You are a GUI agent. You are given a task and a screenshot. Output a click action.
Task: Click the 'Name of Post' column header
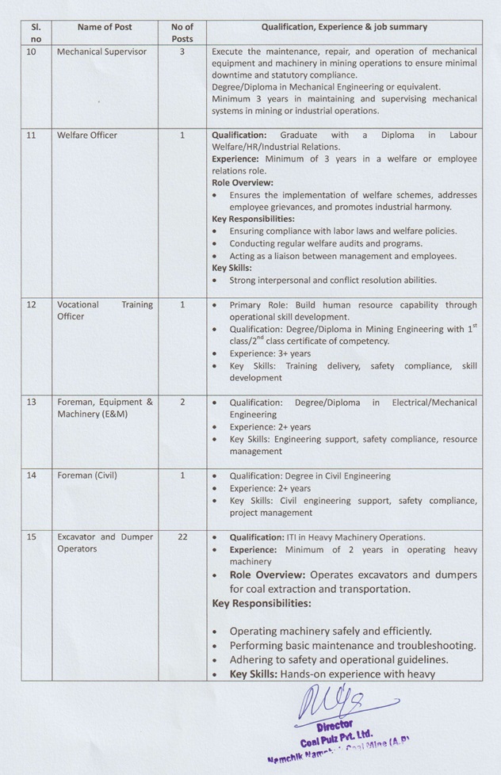[x=105, y=27]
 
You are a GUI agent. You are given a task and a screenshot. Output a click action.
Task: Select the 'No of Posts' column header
[x=182, y=32]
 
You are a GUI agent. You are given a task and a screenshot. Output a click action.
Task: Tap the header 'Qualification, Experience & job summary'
[x=344, y=27]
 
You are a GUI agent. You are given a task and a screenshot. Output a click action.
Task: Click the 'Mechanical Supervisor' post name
[x=101, y=52]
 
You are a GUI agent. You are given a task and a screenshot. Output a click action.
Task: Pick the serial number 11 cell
[x=31, y=136]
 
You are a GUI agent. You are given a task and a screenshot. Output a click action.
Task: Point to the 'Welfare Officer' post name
[x=87, y=136]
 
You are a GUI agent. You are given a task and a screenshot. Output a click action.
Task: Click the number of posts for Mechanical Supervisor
[x=182, y=52]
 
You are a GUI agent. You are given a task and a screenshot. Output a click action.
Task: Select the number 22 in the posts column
[x=182, y=536]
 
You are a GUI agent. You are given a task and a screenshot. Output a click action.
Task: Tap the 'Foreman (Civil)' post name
[x=87, y=475]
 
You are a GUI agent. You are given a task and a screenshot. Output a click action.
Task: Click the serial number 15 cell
[x=31, y=536]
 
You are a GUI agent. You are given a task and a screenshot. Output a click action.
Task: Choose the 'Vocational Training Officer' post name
[x=105, y=310]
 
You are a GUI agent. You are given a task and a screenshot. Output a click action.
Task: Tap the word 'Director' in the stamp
[x=335, y=724]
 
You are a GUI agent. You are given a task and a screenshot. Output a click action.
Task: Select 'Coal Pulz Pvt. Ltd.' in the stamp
[x=336, y=738]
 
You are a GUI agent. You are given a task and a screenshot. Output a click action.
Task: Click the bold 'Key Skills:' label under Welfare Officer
[x=231, y=268]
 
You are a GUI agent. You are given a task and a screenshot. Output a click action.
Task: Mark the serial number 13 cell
[x=31, y=402]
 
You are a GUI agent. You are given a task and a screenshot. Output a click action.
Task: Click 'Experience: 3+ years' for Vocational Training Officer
[x=270, y=353]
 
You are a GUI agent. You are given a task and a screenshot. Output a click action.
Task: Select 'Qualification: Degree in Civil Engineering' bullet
[x=310, y=475]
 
